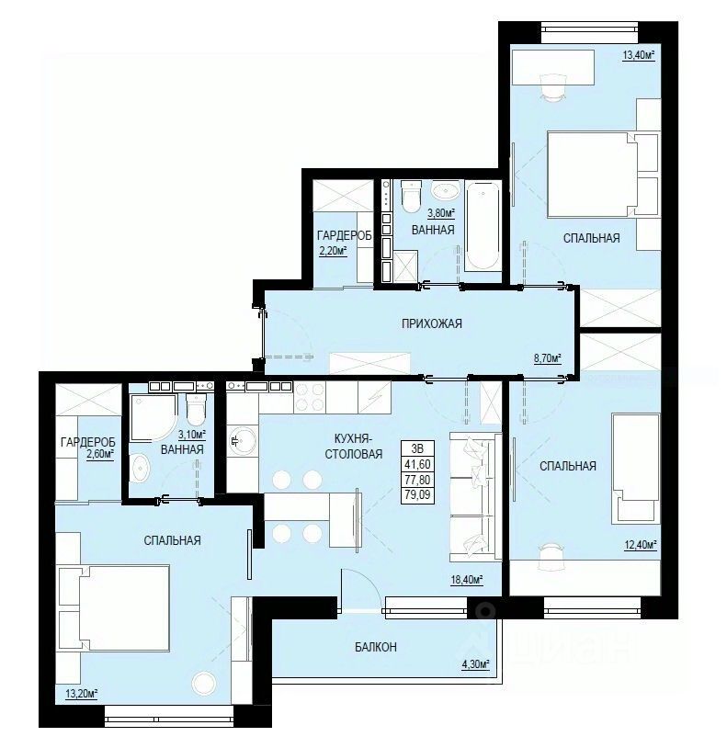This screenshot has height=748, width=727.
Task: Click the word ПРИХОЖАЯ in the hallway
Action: coord(432,323)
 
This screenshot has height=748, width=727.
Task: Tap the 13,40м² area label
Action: coord(638,55)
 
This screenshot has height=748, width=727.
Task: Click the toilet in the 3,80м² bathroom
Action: coord(412,197)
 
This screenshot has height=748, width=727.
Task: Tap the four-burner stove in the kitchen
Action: coord(310,397)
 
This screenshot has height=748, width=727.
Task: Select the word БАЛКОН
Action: coord(375,647)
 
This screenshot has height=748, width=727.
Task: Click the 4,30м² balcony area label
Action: coord(474,664)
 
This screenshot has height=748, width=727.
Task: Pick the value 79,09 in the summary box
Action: coord(417,494)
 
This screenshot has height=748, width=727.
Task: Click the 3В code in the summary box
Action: coord(417,448)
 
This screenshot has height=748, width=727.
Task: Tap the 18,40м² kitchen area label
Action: coord(467,580)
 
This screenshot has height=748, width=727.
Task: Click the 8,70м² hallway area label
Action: coord(547,358)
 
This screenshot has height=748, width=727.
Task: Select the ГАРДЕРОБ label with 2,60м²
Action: coord(88,448)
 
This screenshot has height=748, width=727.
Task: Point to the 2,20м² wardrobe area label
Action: coord(332,250)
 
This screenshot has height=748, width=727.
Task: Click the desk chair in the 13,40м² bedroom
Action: coord(553,85)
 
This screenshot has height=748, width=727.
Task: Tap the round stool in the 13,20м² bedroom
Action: coord(204,683)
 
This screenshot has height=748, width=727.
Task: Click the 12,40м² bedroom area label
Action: coord(641,544)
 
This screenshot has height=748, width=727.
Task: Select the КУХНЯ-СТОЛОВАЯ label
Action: coord(354,446)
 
